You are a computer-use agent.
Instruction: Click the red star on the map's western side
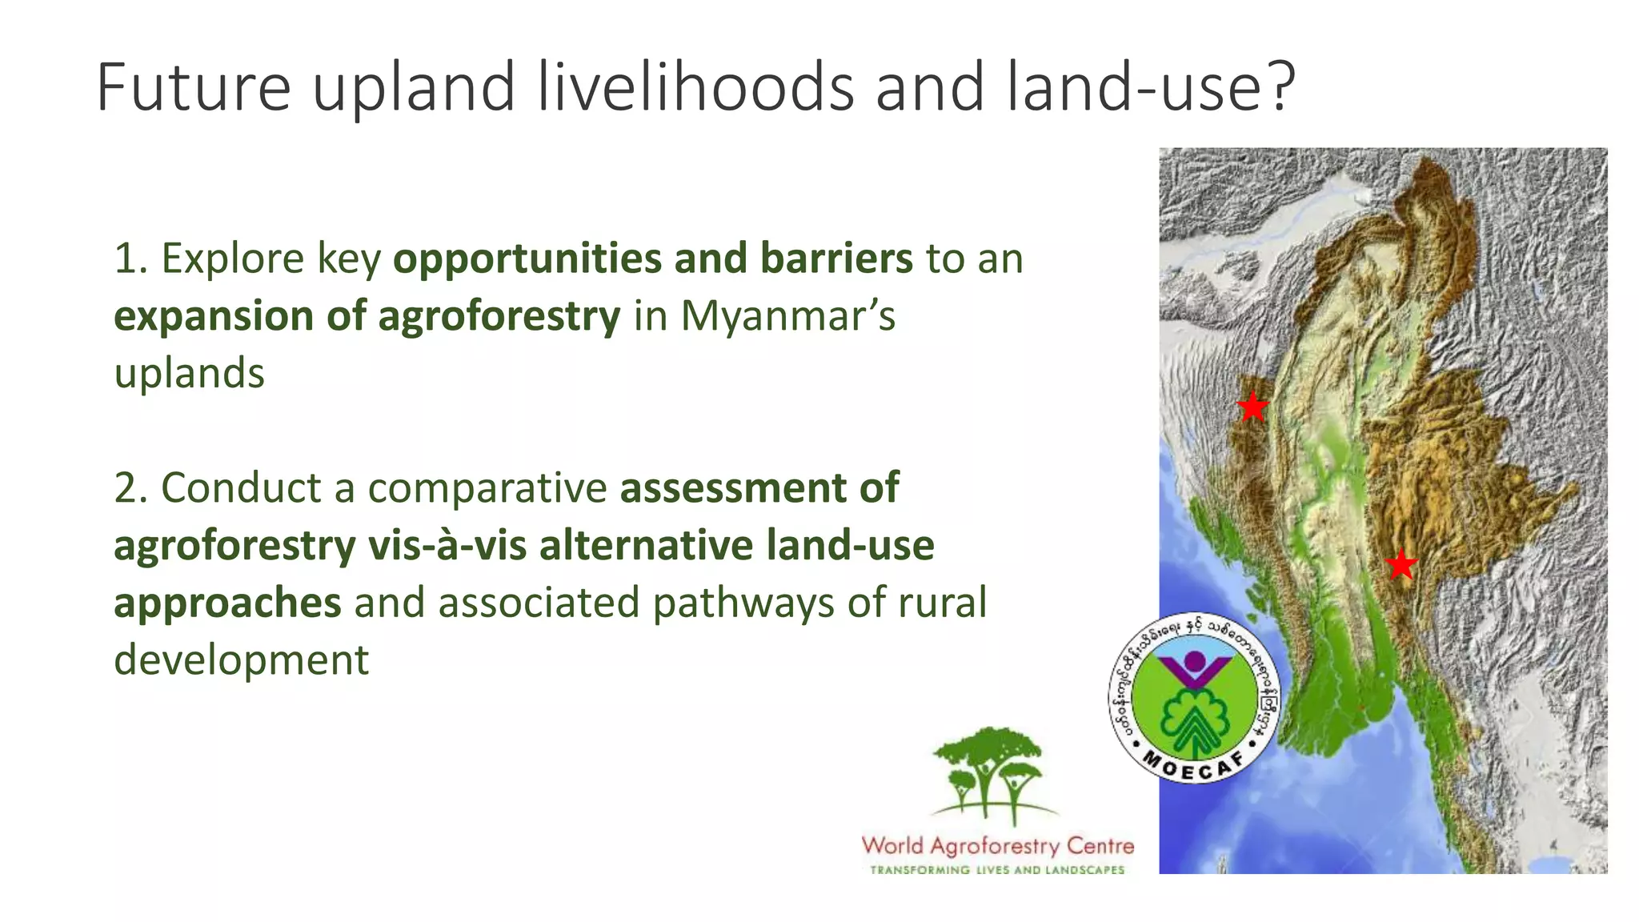click(1252, 407)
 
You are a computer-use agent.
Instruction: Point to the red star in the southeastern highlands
click(1401, 565)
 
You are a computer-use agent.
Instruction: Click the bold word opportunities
click(526, 259)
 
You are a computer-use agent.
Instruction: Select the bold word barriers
click(836, 259)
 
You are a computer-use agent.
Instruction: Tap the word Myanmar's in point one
click(787, 315)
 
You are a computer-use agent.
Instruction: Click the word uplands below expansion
click(189, 374)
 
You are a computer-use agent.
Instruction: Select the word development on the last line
click(241, 660)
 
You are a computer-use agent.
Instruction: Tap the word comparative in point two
click(487, 489)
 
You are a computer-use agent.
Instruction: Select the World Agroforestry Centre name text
click(997, 846)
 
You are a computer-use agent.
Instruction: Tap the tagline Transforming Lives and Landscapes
click(997, 870)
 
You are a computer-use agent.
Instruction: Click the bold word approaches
click(227, 603)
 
